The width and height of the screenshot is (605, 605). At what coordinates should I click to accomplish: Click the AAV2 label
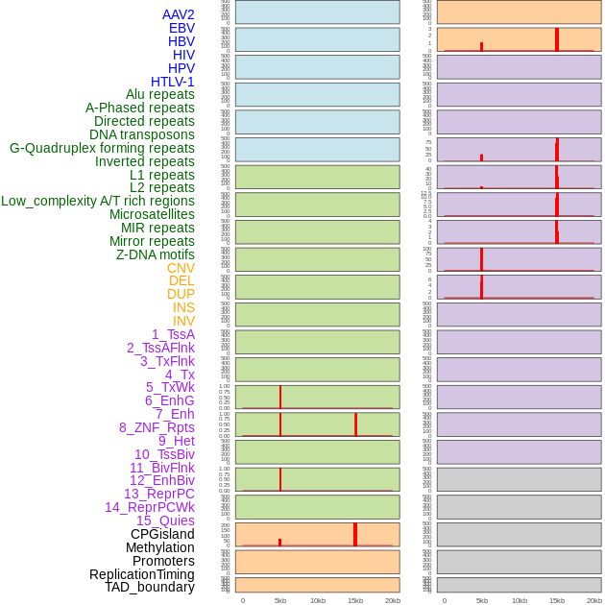(x=178, y=14)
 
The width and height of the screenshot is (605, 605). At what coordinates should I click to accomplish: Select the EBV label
(x=181, y=28)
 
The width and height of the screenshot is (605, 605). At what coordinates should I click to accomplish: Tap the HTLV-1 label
(x=172, y=82)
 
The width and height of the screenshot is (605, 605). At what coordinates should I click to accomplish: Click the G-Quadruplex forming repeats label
(x=102, y=148)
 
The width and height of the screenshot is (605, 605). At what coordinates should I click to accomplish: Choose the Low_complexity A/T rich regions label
(x=98, y=201)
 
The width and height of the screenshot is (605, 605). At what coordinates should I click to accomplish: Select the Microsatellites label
(x=152, y=214)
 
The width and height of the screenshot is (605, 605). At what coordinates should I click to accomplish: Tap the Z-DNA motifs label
(x=155, y=254)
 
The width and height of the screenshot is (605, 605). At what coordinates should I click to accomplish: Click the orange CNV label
(x=181, y=268)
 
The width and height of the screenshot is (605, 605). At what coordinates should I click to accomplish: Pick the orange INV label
(x=183, y=321)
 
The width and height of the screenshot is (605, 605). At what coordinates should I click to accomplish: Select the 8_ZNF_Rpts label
(x=157, y=427)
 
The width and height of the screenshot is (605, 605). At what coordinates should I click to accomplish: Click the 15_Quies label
(x=164, y=520)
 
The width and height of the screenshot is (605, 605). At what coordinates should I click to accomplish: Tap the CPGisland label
(x=162, y=534)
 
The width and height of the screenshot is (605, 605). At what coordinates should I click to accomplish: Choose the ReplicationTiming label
(x=141, y=574)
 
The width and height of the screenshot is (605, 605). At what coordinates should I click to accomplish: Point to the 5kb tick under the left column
(x=280, y=600)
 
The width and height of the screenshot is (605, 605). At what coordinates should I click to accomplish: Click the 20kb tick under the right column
(x=594, y=600)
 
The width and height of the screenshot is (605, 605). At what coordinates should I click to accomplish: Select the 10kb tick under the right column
(x=520, y=600)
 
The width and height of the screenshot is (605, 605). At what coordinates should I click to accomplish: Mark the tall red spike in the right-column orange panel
(x=557, y=38)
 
